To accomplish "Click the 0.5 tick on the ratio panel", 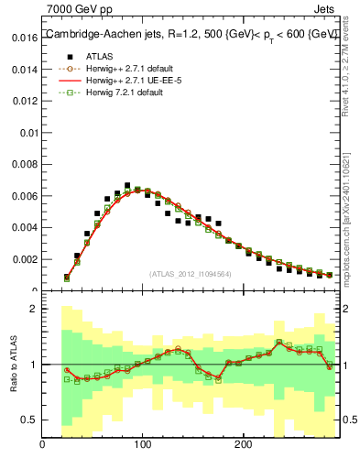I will point(27,420).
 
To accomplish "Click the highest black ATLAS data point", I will point(127,185).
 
